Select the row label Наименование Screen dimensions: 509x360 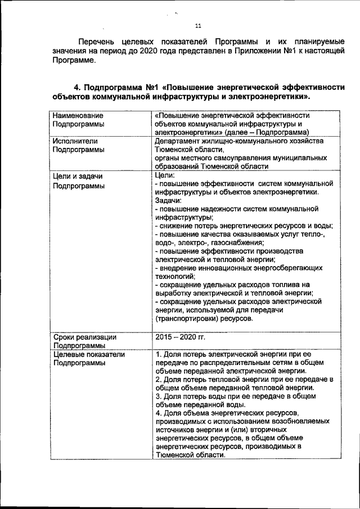(77, 115)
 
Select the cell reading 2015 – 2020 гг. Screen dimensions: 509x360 (181, 337)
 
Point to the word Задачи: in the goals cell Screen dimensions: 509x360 (168, 200)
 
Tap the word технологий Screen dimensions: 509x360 (174, 276)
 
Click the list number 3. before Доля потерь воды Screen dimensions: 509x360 (158, 396)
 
